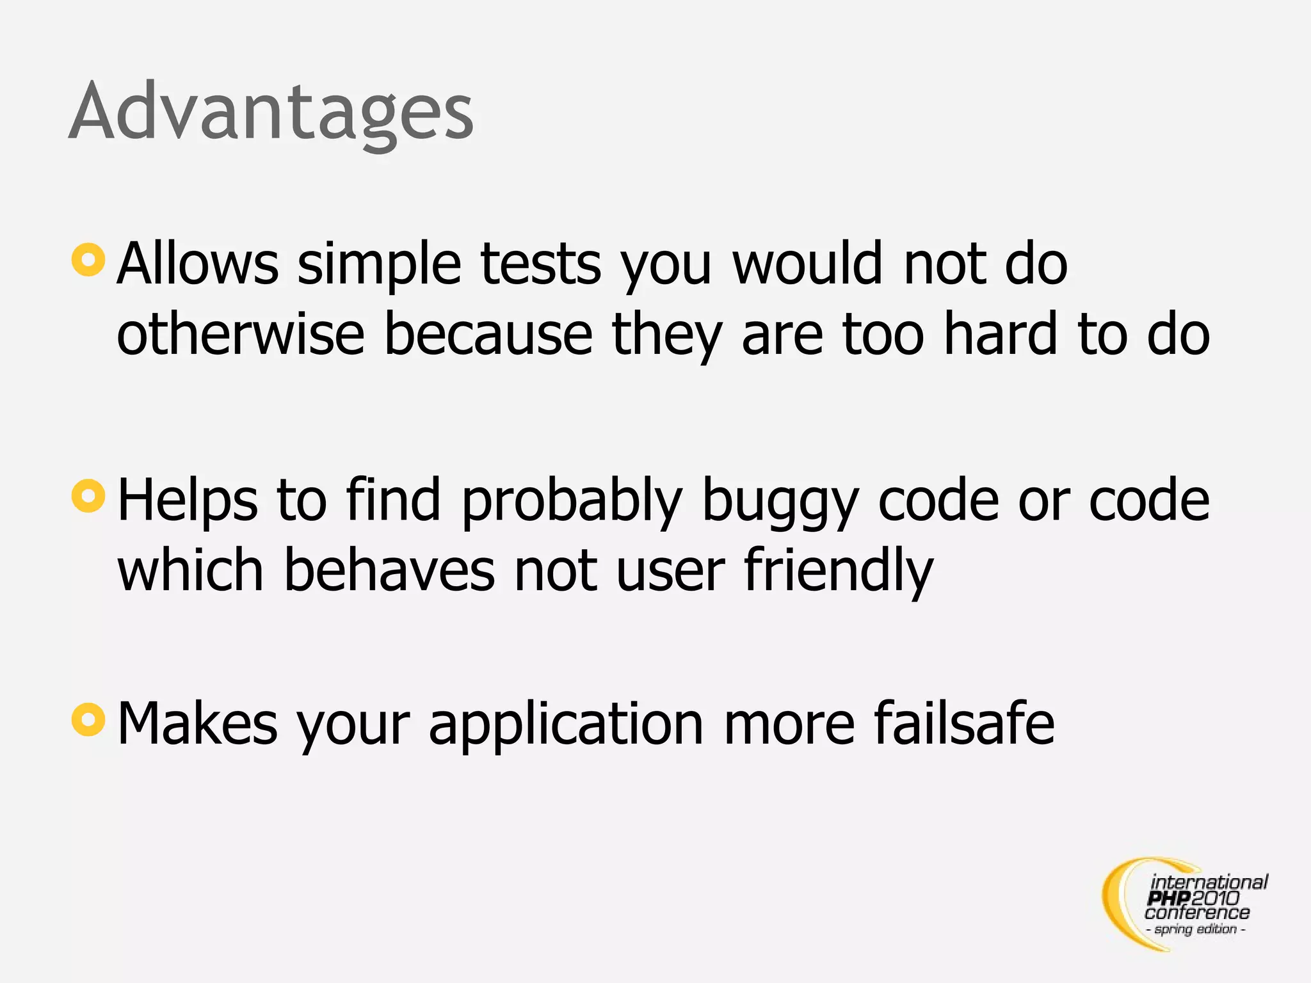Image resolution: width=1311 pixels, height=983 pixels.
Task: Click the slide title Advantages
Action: [271, 112]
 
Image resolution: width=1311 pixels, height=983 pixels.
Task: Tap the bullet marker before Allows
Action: [88, 260]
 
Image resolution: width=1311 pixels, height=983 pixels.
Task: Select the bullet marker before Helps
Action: [88, 496]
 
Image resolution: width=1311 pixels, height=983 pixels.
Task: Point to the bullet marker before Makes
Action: [88, 719]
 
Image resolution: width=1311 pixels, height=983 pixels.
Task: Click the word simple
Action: [379, 264]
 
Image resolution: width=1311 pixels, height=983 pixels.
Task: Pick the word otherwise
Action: [241, 334]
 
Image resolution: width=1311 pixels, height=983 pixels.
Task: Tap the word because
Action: [488, 334]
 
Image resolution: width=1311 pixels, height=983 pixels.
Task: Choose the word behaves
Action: [389, 570]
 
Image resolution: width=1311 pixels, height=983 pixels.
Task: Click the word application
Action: [567, 724]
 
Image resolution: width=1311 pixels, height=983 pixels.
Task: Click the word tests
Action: [541, 264]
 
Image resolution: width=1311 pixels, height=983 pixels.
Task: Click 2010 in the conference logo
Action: [1215, 899]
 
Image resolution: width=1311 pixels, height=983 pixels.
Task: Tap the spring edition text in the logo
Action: [1196, 929]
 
